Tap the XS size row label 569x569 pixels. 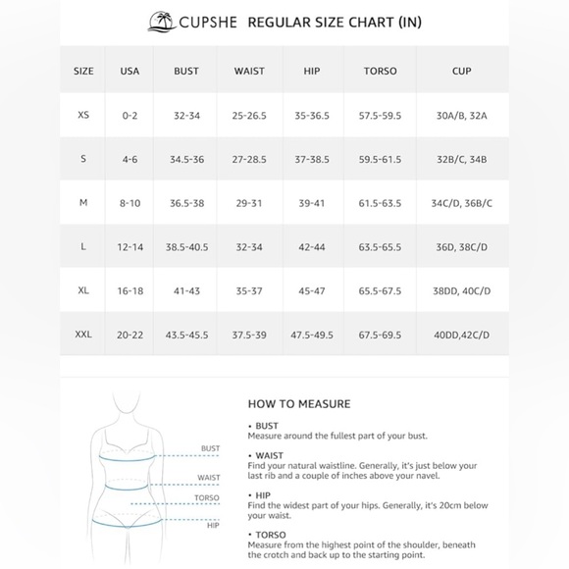83,115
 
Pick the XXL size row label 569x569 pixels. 83,335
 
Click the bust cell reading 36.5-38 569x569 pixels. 186,202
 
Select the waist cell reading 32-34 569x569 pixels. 249,246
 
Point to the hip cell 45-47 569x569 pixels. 313,290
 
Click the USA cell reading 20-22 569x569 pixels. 129,335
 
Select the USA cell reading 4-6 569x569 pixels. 129,159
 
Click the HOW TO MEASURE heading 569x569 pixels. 299,403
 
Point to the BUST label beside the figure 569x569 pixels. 210,448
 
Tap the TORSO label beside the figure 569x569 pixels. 207,497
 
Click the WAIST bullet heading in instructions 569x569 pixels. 267,454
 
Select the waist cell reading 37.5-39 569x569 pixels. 249,335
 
